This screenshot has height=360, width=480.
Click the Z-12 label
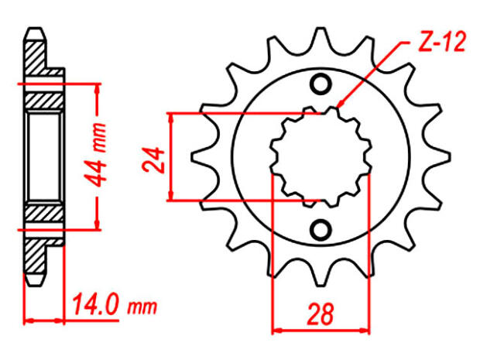tap(442, 43)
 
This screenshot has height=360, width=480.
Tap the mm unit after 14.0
tap(140, 307)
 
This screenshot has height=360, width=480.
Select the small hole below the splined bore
tap(320, 230)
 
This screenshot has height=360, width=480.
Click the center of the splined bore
tap(320, 157)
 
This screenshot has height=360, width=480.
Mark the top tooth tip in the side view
tap(35, 33)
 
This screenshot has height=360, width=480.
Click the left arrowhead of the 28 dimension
tap(275, 331)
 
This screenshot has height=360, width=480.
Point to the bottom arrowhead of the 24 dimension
tap(173, 198)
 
